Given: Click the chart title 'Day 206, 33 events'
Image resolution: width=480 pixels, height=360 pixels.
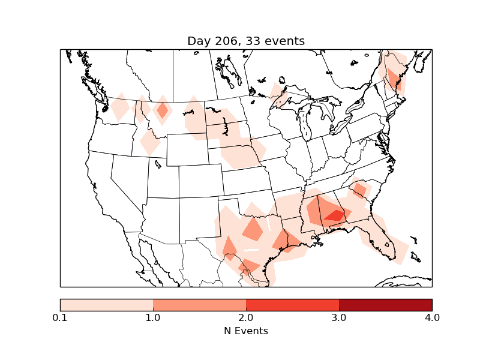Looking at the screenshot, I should point(246,41).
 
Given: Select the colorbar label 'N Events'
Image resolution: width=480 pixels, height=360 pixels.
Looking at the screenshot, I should point(246,331).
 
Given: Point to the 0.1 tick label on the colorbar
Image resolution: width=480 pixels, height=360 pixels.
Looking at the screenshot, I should point(60,317).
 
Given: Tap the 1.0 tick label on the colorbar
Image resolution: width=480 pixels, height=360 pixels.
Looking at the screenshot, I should point(153,317).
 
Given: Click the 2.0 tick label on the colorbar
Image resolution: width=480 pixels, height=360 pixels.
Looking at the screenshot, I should point(246,317).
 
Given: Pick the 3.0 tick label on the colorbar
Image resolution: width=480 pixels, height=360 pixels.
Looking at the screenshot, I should point(339,317).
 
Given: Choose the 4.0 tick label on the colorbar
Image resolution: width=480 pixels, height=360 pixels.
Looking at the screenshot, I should point(432,317).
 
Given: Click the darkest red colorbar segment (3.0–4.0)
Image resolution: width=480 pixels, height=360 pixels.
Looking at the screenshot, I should point(385,305).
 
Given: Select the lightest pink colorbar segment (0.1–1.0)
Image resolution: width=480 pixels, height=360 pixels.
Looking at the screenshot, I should point(106,305).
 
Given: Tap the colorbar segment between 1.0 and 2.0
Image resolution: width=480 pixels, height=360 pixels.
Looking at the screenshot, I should point(199,305).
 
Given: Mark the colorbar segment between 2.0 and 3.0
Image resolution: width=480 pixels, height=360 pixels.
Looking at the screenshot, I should point(292,305).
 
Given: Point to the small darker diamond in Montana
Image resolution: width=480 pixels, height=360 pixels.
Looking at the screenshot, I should point(162,111).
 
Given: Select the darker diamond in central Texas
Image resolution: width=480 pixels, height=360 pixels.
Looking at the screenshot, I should point(253,229).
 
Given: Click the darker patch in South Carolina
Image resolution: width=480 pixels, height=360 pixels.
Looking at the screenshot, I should point(360,190).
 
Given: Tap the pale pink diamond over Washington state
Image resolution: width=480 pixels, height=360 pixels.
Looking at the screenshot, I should point(120,108).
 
